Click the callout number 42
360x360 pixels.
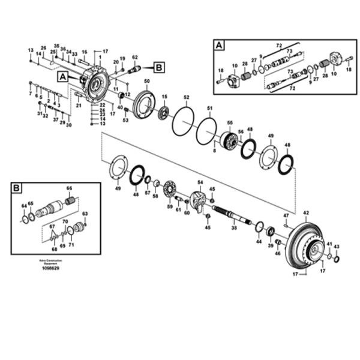point(305,213)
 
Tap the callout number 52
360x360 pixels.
point(186,97)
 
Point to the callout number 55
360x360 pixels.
point(229,122)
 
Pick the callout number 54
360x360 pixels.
point(200,182)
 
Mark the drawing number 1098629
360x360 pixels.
point(50,268)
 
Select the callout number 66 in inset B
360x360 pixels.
point(69,188)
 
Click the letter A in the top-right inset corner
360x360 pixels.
point(220,46)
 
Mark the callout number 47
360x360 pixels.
point(286,215)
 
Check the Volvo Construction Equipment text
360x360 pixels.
point(50,261)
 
